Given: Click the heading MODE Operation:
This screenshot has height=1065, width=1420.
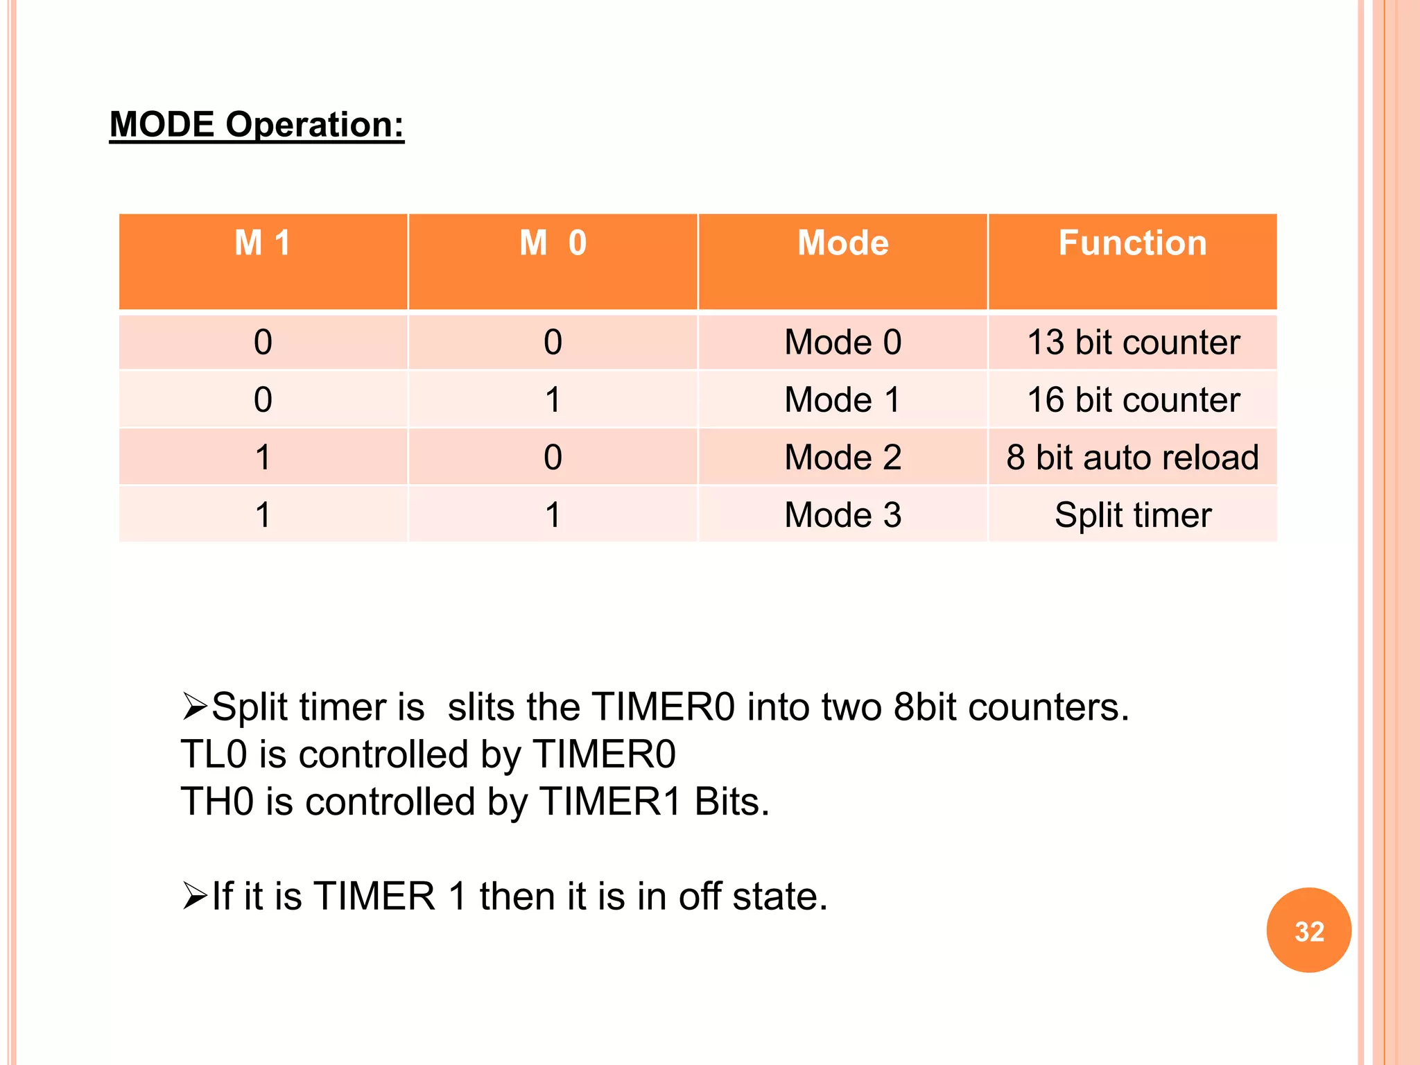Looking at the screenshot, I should [x=257, y=125].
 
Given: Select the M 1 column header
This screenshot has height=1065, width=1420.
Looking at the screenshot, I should [x=263, y=243].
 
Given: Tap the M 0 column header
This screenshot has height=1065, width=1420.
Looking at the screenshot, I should [x=553, y=243].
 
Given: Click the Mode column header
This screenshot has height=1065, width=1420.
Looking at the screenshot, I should [x=842, y=243].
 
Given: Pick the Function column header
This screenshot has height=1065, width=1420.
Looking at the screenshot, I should [x=1132, y=243].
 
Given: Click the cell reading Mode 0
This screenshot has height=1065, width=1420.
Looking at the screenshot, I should [x=842, y=343].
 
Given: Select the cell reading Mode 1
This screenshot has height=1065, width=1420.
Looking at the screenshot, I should [x=842, y=400].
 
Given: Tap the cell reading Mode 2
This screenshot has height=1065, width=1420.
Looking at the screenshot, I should [x=842, y=458].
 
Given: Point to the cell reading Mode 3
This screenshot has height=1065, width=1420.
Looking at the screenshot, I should [x=842, y=515].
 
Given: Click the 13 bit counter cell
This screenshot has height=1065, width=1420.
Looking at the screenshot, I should [x=1133, y=343].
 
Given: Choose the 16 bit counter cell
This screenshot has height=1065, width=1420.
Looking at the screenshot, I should [x=1133, y=400].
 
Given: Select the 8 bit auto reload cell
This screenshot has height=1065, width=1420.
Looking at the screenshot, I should [x=1132, y=458].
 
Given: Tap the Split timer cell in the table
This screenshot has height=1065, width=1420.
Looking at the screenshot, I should [x=1133, y=515].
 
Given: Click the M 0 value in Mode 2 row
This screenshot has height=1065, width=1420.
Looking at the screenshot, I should [x=553, y=458].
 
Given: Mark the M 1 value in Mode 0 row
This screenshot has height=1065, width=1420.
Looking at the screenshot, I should [x=263, y=343].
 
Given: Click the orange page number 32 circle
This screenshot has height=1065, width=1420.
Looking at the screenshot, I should [x=1308, y=930].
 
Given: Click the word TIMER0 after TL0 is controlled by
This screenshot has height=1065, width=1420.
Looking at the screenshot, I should [x=604, y=754].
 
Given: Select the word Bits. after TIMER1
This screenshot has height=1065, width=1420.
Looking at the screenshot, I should [x=731, y=802].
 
